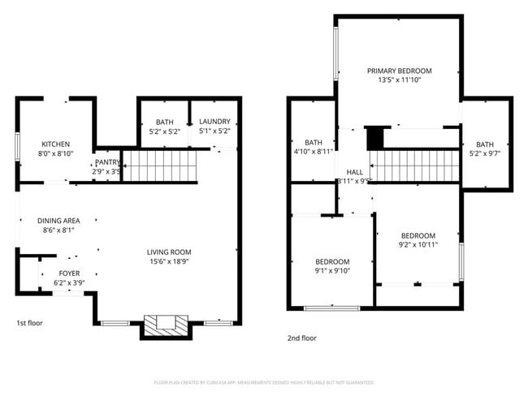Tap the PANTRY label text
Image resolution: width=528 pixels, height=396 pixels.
[107, 162]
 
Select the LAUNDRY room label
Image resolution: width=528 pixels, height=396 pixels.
[214, 122]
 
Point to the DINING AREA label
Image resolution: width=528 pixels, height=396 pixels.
[58, 220]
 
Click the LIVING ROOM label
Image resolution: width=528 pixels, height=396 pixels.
[169, 252]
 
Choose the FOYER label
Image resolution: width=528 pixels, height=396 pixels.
[69, 273]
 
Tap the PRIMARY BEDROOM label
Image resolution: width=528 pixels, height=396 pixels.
[399, 71]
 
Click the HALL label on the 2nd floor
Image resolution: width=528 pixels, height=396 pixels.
[355, 172]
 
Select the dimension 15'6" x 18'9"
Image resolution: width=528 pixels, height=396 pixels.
[169, 262]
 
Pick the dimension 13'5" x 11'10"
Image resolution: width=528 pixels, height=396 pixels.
[399, 80]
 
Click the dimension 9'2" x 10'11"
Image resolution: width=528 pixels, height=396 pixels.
[418, 244]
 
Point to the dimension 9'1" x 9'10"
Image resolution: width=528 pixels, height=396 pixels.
[332, 272]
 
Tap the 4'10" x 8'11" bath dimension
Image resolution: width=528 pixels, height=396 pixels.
[314, 151]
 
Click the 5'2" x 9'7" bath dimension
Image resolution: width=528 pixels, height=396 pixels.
[485, 154]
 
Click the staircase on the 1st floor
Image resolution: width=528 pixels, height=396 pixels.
[161, 167]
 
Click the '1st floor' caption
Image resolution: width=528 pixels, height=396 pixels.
[29, 324]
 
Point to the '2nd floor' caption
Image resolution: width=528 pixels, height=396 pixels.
[301, 338]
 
